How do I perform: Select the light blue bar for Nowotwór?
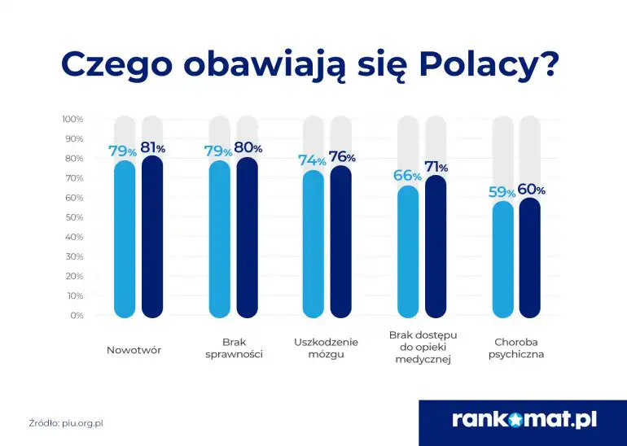[125, 240]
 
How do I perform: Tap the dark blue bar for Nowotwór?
[152, 236]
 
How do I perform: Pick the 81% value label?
[152, 147]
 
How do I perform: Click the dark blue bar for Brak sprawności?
[247, 238]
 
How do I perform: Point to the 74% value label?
[312, 160]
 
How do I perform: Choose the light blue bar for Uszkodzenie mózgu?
[313, 244]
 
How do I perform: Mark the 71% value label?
[436, 167]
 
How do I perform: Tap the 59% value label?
[502, 192]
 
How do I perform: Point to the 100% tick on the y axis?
[72, 119]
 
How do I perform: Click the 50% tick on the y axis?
[74, 217]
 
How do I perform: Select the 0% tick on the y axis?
[77, 315]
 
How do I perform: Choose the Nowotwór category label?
[134, 350]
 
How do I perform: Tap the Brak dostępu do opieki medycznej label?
[423, 347]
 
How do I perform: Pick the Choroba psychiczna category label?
[516, 348]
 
